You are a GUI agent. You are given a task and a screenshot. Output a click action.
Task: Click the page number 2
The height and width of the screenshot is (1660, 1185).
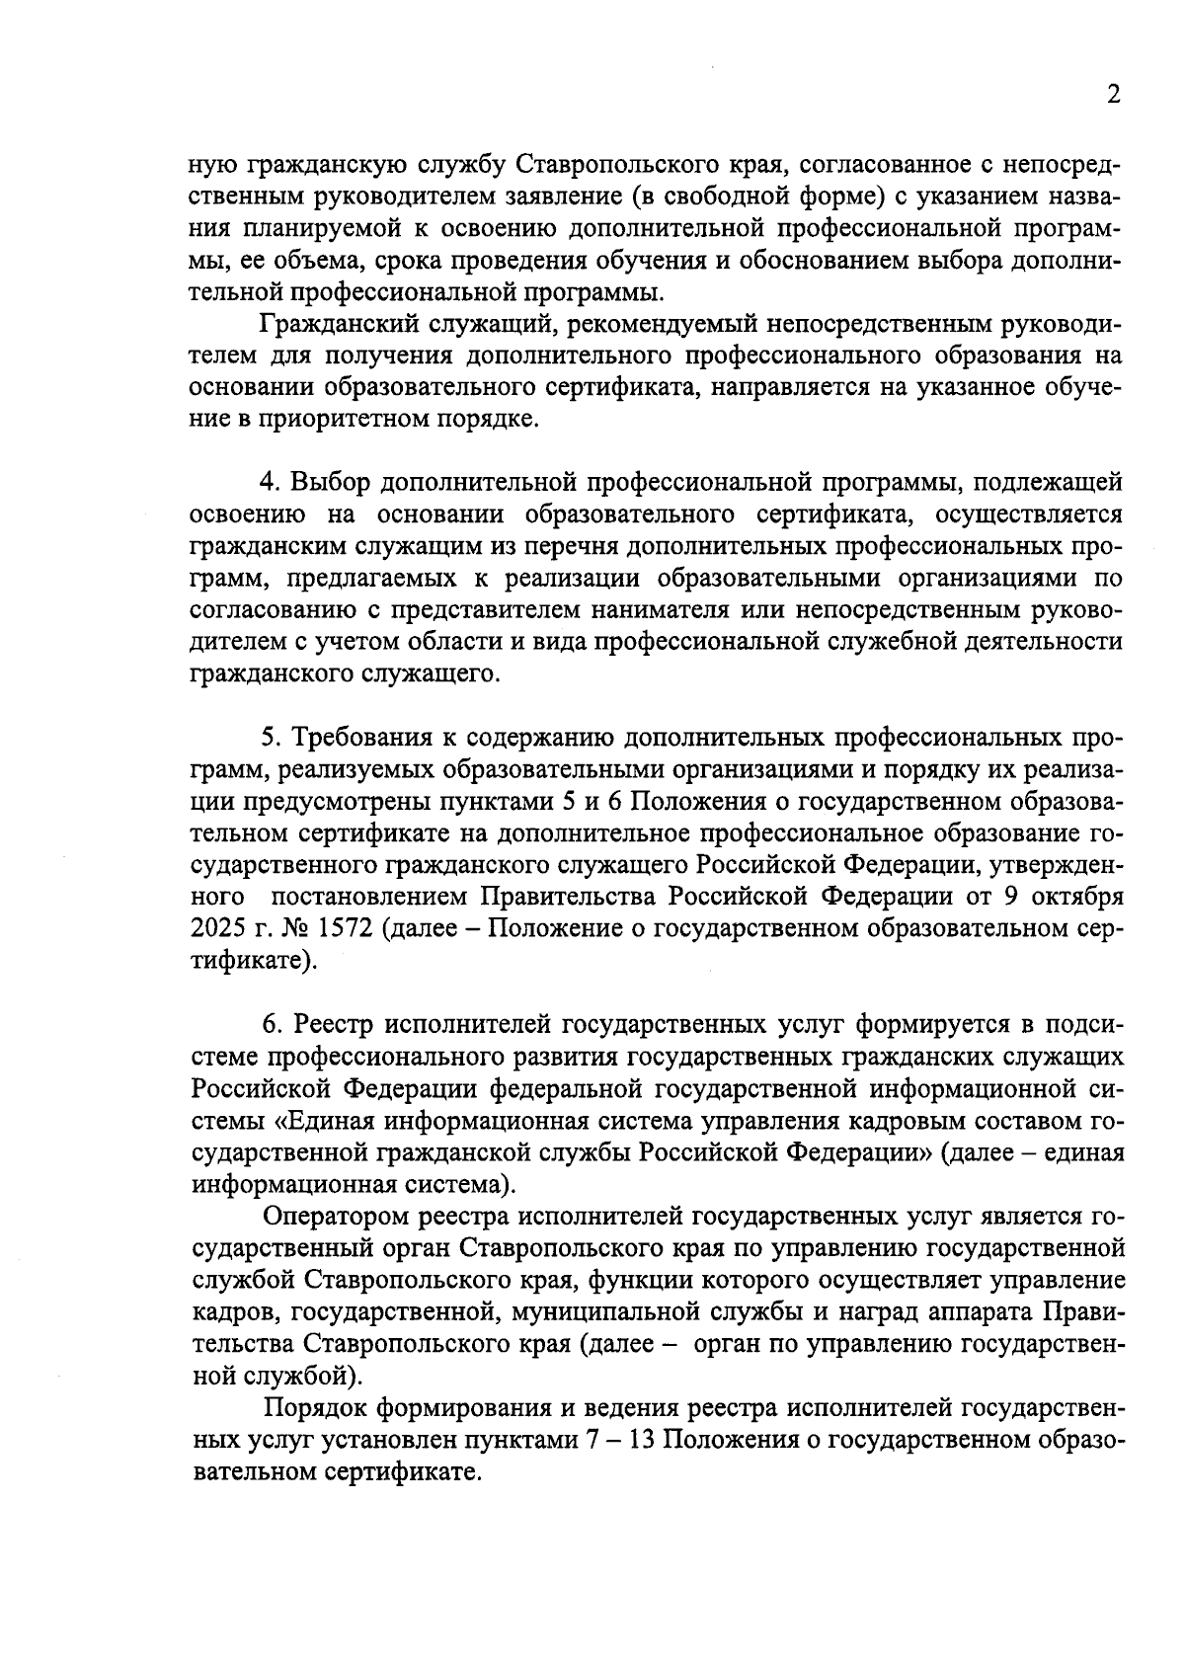[x=1113, y=95]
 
